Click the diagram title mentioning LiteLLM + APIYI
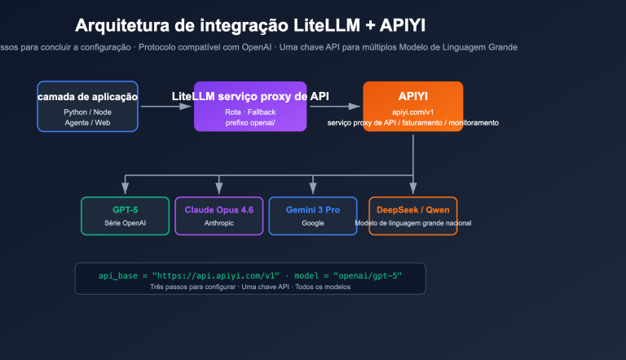pos(261,25)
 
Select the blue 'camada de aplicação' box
pos(87,106)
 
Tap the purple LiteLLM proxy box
pos(250,107)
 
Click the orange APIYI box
pos(412,106)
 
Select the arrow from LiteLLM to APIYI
pos(334,106)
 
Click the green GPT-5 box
pos(125,216)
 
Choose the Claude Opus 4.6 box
pos(218,216)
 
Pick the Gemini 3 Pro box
pos(312,216)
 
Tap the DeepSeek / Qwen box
pos(412,216)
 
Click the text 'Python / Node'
pos(87,112)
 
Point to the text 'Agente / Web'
pos(87,122)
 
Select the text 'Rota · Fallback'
pos(250,112)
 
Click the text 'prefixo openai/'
pos(250,122)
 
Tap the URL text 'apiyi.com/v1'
pos(412,112)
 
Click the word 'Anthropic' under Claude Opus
pos(218,222)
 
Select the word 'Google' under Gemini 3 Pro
pos(312,222)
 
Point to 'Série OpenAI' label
pos(125,222)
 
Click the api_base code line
pos(249,275)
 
